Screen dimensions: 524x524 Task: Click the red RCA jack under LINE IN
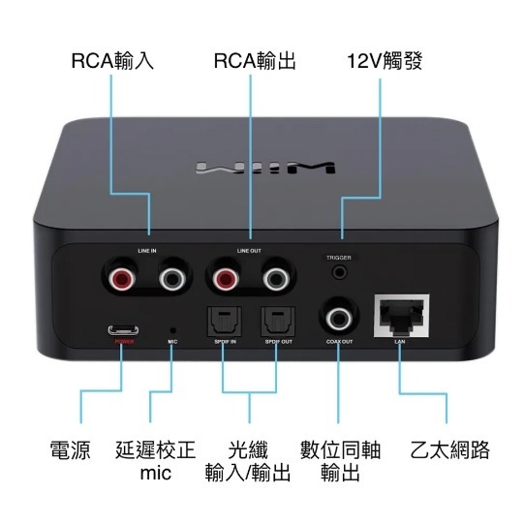[125, 281]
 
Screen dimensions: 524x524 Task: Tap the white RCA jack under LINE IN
[174, 281]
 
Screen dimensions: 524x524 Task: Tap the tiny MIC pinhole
[172, 327]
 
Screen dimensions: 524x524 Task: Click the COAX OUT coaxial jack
[340, 317]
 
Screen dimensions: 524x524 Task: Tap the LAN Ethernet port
[399, 315]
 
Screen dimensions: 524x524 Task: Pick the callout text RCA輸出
[255, 61]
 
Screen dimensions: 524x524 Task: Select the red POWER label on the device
[124, 342]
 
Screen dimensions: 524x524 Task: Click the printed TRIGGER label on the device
[339, 258]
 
